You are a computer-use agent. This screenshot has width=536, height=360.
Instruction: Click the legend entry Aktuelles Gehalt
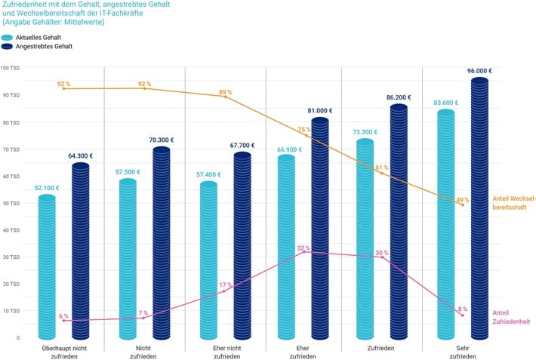point(42,37)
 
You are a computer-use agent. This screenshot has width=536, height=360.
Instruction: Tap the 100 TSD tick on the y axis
point(11,68)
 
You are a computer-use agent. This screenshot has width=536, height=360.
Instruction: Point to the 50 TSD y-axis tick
point(11,203)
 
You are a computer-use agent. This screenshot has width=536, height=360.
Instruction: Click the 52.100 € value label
point(47,187)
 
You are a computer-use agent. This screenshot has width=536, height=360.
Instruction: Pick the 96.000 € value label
point(479,70)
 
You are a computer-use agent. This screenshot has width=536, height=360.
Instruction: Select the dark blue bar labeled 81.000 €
point(319,226)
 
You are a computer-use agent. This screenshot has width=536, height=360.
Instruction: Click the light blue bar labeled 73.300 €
point(365,238)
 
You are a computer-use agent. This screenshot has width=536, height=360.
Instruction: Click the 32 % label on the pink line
point(303,248)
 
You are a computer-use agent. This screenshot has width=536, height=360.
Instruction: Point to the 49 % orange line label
point(462,200)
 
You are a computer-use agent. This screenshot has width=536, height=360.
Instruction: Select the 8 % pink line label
point(462,309)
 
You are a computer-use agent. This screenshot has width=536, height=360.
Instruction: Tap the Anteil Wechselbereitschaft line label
point(513,202)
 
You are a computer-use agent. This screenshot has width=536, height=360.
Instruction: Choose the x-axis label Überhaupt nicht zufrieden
point(69,352)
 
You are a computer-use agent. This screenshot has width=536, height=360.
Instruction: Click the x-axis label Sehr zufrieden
point(463,352)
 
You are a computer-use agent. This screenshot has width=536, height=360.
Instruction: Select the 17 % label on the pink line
point(225,285)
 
